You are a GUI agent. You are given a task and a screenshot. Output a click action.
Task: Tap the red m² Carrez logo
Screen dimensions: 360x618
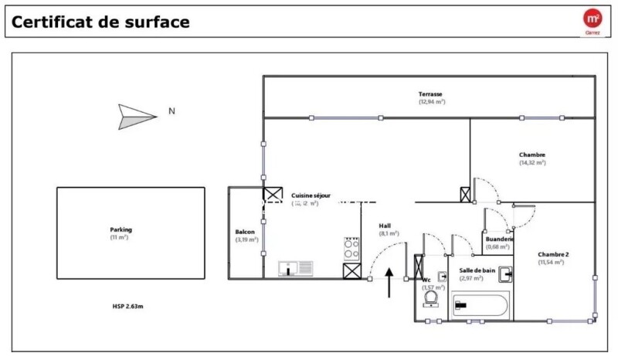click(593, 21)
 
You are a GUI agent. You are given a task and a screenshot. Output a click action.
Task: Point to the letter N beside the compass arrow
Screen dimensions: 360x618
click(171, 111)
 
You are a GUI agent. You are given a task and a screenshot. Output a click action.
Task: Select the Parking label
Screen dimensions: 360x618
click(121, 229)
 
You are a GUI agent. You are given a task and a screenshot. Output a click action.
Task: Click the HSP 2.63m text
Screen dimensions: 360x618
click(127, 306)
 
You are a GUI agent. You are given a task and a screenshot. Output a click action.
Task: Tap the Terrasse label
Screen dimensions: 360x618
click(432, 94)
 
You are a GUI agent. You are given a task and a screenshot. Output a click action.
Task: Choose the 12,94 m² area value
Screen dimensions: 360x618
click(432, 102)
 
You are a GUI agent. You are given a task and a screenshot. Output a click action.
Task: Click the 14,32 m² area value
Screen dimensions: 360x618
click(532, 163)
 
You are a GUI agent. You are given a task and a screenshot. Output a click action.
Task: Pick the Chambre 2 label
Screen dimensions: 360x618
click(553, 254)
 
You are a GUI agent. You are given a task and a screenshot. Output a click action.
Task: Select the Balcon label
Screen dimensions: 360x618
click(245, 232)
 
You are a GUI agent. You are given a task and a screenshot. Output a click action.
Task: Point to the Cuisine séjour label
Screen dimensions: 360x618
click(311, 195)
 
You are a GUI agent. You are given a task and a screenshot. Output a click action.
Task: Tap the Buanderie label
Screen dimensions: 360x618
click(500, 239)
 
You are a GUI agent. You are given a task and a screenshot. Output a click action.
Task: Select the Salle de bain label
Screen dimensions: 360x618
click(477, 270)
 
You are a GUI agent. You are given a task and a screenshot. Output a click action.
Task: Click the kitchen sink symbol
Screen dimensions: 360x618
click(296, 268)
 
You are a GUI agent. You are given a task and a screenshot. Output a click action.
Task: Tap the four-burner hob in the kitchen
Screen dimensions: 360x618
click(351, 247)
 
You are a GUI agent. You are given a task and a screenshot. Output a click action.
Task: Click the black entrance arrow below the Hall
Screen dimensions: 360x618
click(389, 283)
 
